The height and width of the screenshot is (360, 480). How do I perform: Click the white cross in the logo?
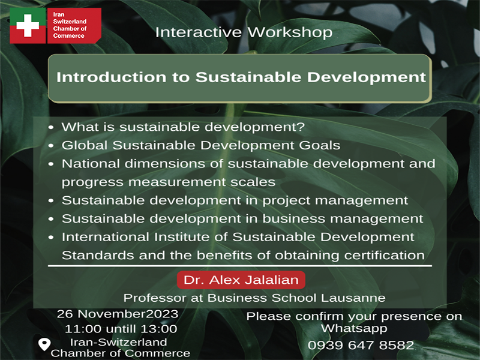[x=28, y=25]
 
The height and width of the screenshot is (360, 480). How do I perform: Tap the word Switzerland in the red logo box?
[x=70, y=22]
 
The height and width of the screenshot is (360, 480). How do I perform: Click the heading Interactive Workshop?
[x=244, y=32]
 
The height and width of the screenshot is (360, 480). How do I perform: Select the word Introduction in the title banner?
[x=112, y=77]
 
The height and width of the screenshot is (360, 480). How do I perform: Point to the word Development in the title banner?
[x=367, y=77]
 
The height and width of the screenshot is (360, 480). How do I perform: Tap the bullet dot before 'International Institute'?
[x=51, y=237]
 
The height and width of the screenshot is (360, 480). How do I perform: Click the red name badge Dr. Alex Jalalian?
[x=241, y=280]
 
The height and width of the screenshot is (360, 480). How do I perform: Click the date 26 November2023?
[x=118, y=314]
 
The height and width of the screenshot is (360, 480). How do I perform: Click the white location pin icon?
[x=44, y=344]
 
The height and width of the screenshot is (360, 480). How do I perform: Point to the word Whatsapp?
[x=354, y=329]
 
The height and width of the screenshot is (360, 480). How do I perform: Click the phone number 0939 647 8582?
[x=361, y=345]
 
